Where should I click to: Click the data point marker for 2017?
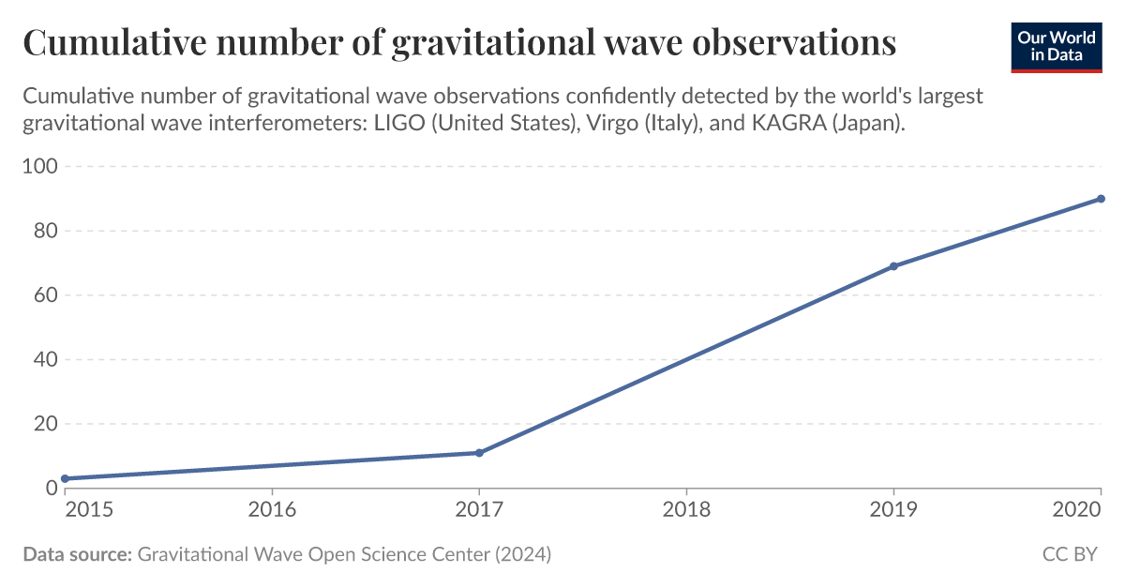tap(479, 453)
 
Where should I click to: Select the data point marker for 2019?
tap(893, 266)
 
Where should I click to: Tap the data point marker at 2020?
tap(1101, 199)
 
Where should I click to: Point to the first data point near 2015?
tap(65, 478)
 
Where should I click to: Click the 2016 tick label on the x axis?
tap(272, 509)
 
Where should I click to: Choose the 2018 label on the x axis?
tap(686, 509)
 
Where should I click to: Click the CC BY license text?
tap(1070, 555)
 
